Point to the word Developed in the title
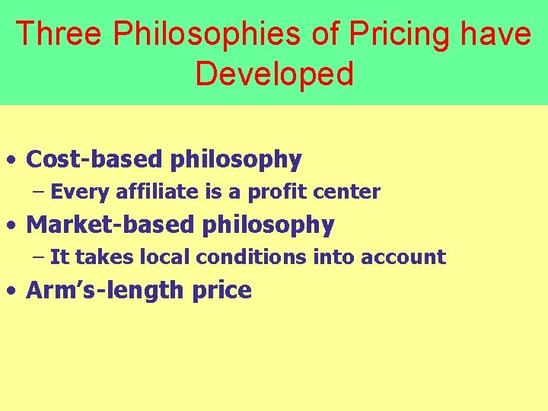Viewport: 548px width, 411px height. [274, 74]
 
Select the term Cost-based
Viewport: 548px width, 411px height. [94, 159]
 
